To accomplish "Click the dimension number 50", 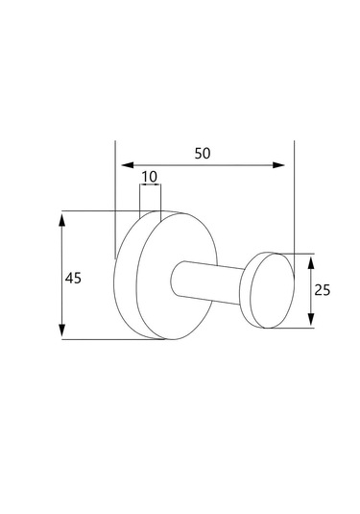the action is (x=203, y=154).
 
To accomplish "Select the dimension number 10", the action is (x=150, y=177).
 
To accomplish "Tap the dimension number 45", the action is (x=73, y=279).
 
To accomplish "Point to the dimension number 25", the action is (x=323, y=290).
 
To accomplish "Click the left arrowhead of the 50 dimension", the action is (x=128, y=165).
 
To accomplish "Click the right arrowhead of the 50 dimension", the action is (x=278, y=165).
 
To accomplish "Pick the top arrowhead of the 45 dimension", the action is (x=61, y=219).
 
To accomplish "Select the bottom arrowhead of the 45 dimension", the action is (x=61, y=330).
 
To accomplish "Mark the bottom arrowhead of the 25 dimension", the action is (x=311, y=319).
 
